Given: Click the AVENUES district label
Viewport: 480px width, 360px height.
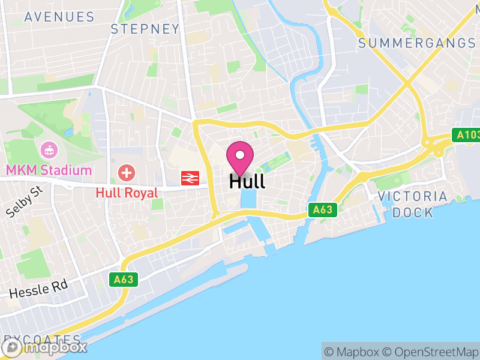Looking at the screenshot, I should pos(59,17).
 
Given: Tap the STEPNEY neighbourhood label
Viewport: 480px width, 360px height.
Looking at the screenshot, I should pos(145,29).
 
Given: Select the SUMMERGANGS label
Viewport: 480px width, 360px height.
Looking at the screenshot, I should pos(416,43).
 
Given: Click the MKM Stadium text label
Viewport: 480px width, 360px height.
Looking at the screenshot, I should pos(49,170).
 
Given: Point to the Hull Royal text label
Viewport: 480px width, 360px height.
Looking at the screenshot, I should pos(127,193).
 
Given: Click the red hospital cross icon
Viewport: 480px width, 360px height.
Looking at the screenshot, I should pos(127,174).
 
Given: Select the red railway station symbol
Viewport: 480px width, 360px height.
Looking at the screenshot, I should pos(190,177).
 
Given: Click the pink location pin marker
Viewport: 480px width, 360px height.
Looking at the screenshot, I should pos(240,157).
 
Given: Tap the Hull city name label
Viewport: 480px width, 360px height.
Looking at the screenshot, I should pos(247,181).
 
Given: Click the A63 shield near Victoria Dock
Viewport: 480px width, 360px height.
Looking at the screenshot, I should pos(323,210).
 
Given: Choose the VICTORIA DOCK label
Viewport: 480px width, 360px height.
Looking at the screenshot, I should pos(412,205).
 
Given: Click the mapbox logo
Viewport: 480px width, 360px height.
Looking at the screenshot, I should pos(45,346).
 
